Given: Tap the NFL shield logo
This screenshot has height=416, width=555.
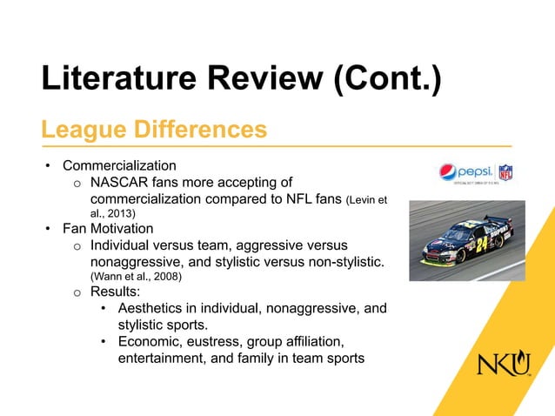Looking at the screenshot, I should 505,171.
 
